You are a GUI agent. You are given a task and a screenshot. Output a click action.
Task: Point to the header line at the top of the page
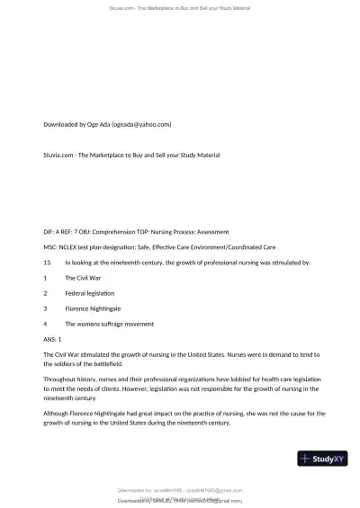[x=180, y=7]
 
